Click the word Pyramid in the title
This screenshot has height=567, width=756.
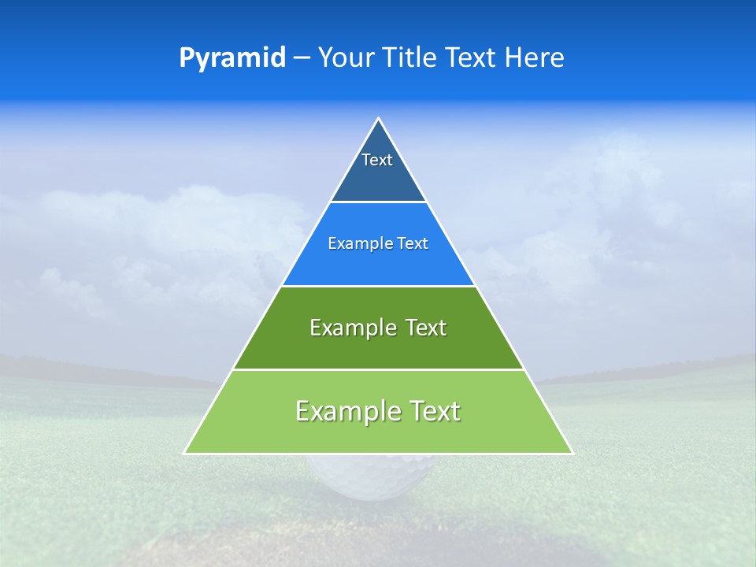(232, 58)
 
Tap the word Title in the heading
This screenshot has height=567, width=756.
(409, 58)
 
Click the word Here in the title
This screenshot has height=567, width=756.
(535, 58)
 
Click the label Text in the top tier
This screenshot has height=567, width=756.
(377, 160)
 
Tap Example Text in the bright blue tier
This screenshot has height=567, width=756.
(378, 244)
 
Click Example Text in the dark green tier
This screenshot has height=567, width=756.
(378, 328)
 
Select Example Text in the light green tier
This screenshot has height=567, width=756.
(378, 411)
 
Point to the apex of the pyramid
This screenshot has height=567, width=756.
(378, 119)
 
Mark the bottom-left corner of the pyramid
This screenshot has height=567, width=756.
(185, 453)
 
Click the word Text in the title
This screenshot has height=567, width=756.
(472, 58)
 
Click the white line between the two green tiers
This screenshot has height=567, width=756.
(378, 369)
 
